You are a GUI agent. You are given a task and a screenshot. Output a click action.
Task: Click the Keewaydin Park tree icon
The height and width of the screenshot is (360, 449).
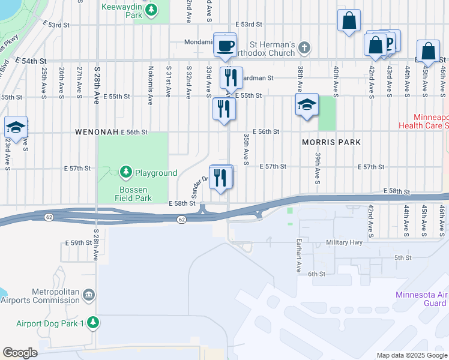coord(152,10)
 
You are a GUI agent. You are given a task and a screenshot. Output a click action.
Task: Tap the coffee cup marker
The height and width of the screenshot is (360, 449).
coord(226,46)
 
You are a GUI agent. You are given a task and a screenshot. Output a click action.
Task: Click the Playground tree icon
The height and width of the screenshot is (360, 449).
coord(125,173)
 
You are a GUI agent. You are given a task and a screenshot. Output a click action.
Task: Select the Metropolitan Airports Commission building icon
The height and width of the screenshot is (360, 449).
coord(89,295)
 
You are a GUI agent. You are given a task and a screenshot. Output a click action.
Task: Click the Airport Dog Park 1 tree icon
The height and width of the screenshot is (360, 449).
coord(92,323)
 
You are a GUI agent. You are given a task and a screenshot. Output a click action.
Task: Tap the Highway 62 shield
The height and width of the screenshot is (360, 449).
coord(181,220)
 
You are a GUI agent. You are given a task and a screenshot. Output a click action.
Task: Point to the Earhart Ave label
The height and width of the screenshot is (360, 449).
coord(298,255)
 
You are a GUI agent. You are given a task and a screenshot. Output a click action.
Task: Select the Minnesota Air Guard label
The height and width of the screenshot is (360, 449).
coord(421,299)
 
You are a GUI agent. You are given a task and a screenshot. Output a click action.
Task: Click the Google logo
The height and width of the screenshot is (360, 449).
coord(20,353)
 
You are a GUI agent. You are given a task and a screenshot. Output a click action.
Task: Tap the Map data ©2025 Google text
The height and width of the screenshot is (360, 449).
coord(411,355)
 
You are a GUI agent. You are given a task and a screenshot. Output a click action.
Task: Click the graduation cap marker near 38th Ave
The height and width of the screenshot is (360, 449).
coord(307,106)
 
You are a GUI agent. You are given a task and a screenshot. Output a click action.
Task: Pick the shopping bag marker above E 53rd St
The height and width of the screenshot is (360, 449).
coord(349,22)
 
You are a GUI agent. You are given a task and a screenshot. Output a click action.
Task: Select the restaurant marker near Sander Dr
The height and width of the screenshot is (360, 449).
coord(221,177)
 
